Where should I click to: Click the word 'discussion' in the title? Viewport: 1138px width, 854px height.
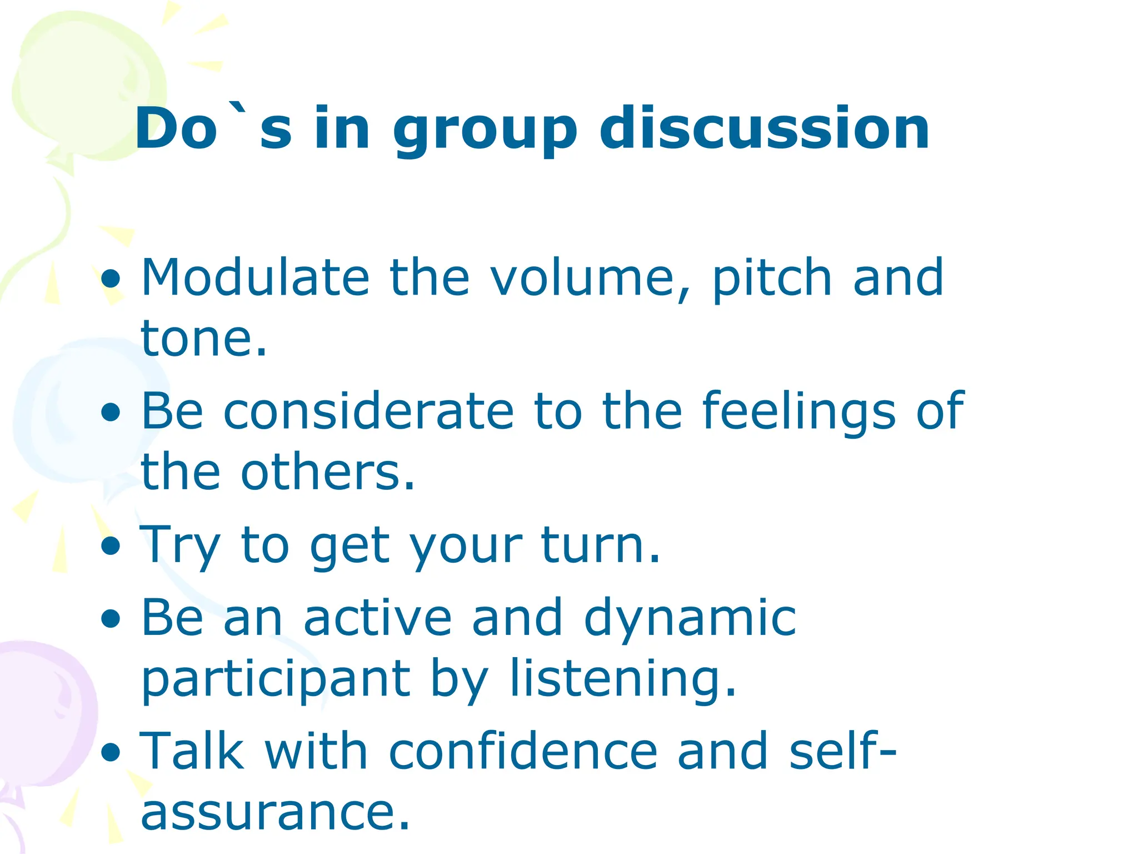pos(764,129)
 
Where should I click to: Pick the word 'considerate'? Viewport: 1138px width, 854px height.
pos(368,411)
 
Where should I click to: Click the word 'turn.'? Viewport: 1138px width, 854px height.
pos(600,545)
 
